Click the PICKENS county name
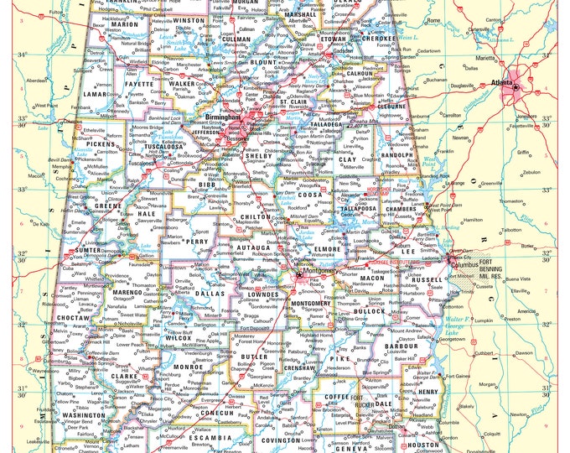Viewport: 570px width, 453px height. click(x=101, y=145)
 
